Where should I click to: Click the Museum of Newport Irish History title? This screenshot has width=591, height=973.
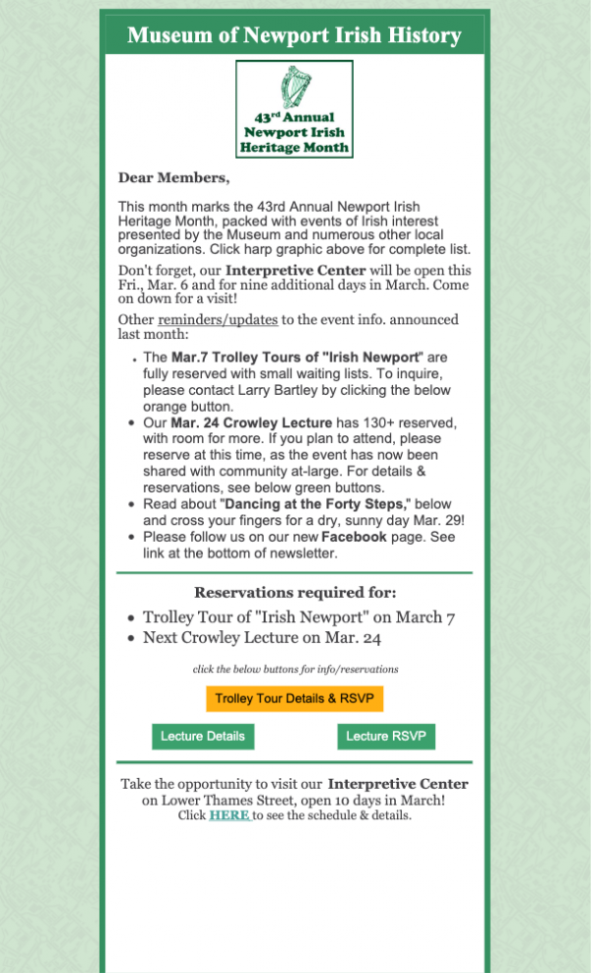(295, 36)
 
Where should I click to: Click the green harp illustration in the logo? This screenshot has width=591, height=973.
(295, 87)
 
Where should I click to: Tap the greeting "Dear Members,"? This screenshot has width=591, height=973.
(173, 178)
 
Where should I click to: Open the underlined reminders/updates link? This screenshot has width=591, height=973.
(218, 320)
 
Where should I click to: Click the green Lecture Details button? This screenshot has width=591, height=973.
(203, 737)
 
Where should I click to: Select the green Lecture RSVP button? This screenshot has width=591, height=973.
(385, 737)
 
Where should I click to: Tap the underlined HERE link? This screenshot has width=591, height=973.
(229, 815)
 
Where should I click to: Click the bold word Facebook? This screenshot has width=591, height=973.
(354, 537)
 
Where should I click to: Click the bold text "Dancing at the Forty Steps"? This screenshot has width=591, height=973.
(313, 504)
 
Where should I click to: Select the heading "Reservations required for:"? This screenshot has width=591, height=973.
(295, 593)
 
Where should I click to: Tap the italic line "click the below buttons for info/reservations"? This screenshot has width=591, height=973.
(295, 669)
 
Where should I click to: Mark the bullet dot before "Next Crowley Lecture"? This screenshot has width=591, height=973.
(132, 638)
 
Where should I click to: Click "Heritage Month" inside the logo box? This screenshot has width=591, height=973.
(295, 148)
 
